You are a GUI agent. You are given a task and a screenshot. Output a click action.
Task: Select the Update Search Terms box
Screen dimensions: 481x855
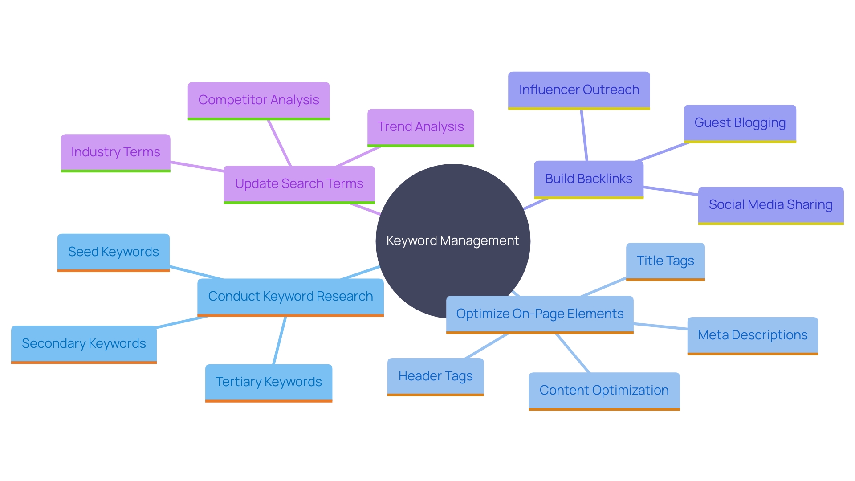click(299, 184)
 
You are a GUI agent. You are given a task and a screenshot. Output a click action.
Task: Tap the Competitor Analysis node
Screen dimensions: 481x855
click(258, 100)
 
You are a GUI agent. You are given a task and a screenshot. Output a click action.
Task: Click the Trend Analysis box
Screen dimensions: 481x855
click(420, 127)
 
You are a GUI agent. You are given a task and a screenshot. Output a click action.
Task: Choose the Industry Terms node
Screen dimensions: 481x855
click(115, 152)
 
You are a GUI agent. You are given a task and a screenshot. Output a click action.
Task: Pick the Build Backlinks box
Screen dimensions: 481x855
click(588, 179)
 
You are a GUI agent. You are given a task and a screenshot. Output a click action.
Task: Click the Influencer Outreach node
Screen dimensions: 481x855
click(578, 90)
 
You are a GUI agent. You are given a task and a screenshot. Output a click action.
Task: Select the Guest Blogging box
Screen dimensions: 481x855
click(740, 123)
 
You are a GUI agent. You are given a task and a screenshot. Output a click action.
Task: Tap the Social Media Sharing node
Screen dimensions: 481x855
click(770, 205)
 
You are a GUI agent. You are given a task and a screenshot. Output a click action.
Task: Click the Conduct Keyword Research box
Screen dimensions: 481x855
click(290, 297)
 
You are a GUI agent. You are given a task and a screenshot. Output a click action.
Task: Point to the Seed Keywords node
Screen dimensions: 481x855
click(113, 252)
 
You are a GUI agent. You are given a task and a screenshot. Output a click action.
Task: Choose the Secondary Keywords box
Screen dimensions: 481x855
click(84, 344)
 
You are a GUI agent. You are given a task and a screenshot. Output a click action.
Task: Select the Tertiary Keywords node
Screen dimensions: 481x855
click(269, 382)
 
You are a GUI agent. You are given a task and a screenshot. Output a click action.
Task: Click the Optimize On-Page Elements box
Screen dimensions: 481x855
click(539, 314)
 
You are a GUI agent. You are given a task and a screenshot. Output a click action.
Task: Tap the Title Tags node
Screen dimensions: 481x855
click(665, 261)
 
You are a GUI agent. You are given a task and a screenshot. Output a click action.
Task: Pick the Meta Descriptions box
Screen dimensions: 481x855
click(752, 335)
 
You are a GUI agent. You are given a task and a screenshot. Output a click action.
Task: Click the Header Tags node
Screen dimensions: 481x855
click(435, 376)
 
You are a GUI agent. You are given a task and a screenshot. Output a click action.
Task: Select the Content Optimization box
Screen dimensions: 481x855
click(604, 391)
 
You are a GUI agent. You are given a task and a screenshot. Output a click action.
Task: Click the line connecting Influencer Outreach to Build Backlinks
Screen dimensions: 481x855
click(584, 135)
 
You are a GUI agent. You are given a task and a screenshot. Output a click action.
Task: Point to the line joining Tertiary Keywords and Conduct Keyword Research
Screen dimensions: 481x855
click(280, 340)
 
